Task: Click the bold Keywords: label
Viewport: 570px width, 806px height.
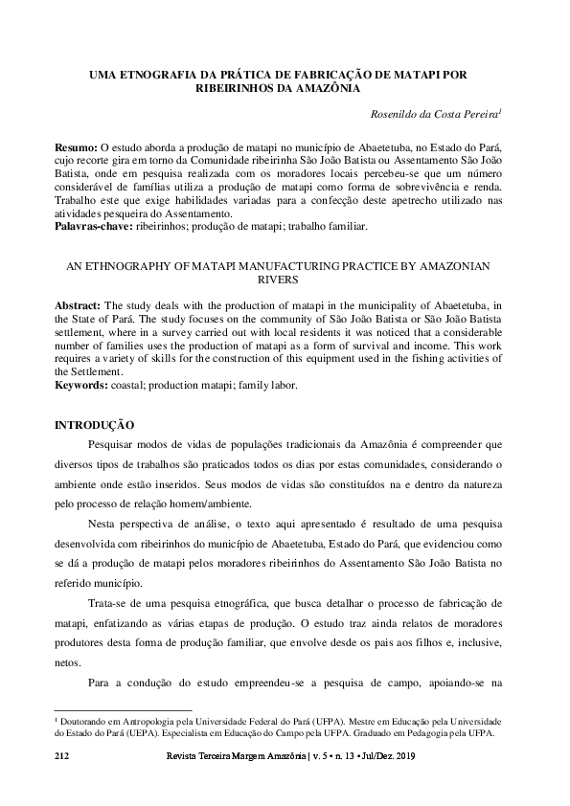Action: tap(83, 385)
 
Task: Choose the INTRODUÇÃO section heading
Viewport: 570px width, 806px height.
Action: tap(93, 424)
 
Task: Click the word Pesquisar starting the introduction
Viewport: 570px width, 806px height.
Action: tap(112, 445)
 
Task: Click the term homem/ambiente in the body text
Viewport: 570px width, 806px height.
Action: tap(213, 503)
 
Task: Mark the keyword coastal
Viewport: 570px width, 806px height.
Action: tap(134, 385)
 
